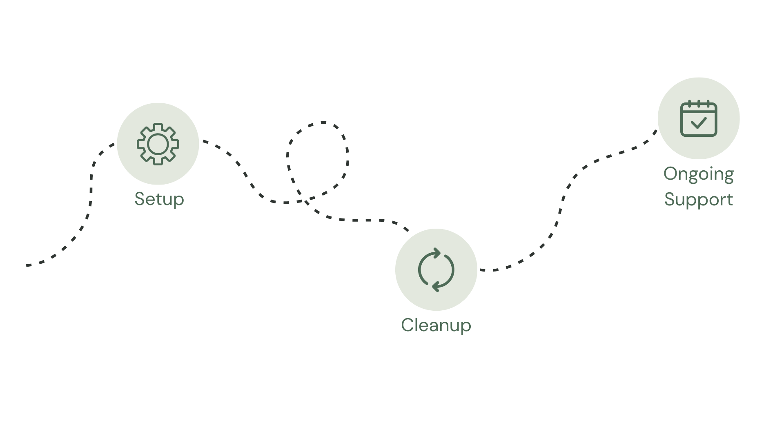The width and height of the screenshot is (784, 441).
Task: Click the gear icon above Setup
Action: tap(158, 144)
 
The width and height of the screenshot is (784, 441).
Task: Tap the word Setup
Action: tap(159, 199)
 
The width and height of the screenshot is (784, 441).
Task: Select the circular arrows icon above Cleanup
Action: tap(436, 269)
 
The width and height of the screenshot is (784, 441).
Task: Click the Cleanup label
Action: tap(436, 325)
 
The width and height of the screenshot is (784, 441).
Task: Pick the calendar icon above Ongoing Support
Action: tap(699, 118)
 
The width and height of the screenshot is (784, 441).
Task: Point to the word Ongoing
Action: tap(699, 174)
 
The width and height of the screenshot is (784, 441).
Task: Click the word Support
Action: tap(699, 200)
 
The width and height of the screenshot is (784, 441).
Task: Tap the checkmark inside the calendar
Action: tap(699, 122)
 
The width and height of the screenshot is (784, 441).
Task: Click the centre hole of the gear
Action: tap(158, 144)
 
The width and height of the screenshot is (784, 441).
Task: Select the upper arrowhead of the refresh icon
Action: tap(437, 253)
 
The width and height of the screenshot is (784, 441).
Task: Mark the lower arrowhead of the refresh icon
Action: tap(436, 286)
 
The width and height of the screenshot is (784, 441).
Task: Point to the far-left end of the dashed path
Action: tap(27, 265)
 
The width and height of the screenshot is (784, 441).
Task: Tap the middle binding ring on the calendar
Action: tap(699, 104)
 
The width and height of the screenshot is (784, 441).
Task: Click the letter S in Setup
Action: tap(140, 199)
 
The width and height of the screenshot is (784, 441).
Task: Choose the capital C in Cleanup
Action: tap(408, 325)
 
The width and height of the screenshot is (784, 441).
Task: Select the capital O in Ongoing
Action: tap(671, 174)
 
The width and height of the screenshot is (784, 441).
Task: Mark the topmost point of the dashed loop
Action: tap(323, 122)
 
